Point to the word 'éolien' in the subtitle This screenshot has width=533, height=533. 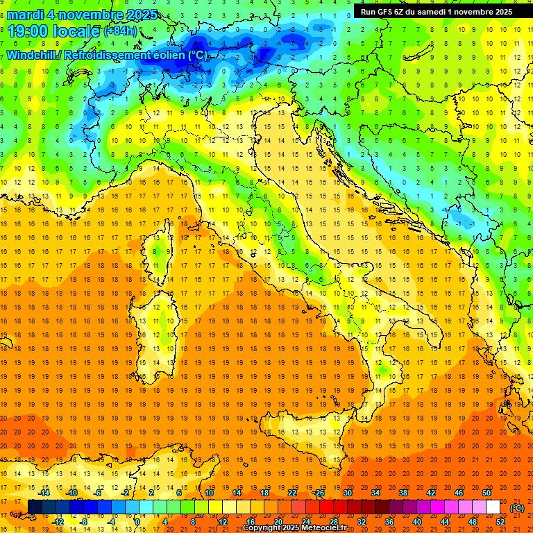click(169, 55)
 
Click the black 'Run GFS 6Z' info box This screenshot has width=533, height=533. click(437, 11)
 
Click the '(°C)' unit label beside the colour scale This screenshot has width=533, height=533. click(517, 507)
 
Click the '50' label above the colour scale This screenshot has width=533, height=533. click(487, 492)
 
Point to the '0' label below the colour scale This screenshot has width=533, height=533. click(137, 522)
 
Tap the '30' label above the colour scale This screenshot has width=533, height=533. click(348, 492)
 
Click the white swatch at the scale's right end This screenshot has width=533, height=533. click(493, 507)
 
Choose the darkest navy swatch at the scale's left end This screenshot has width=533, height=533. click(35, 507)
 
